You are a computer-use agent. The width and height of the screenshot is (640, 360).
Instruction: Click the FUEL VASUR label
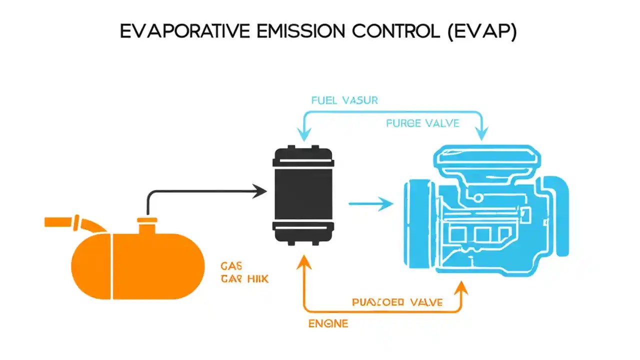tap(344, 100)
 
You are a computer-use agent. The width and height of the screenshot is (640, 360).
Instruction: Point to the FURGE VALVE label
tap(422, 123)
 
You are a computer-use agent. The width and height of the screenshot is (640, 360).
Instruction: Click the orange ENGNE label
tap(327, 323)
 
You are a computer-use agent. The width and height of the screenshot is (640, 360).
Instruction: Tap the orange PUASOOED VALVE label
tap(397, 302)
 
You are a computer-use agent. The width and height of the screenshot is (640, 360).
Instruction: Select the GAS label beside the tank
tap(231, 266)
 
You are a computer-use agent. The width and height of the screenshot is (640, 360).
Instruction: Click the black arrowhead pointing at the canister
tap(258, 190)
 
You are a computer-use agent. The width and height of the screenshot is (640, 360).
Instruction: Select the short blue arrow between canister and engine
tap(370, 203)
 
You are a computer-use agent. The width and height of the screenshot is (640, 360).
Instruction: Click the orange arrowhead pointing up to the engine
tap(461, 286)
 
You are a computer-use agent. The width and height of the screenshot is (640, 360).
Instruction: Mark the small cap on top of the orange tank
tap(147, 220)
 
